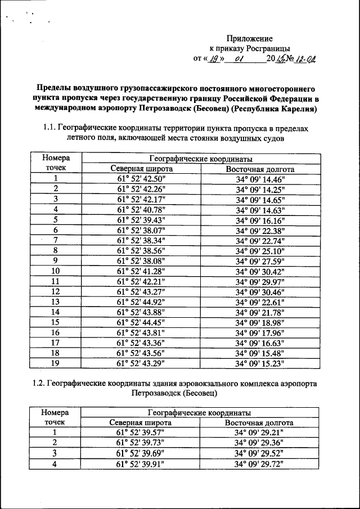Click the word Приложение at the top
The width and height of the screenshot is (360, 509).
click(249, 38)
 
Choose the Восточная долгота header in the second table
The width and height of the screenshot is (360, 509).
click(259, 423)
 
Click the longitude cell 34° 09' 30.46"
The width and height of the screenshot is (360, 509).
click(260, 291)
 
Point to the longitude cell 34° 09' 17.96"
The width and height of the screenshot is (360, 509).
click(260, 332)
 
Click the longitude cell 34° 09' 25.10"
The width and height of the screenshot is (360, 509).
click(260, 250)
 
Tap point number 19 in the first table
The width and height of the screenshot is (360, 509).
click(55, 363)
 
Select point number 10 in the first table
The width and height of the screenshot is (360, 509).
click(55, 271)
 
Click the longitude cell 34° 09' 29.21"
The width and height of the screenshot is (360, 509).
click(259, 433)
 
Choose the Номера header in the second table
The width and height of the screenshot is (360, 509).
click(55, 413)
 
